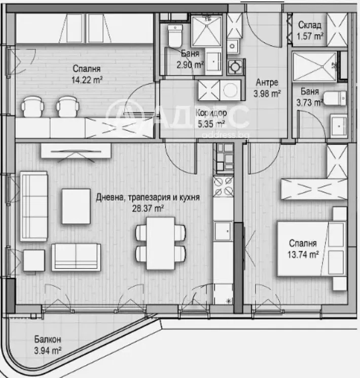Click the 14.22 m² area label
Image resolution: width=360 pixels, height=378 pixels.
point(86,79)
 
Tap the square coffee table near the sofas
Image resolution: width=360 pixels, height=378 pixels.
point(76,206)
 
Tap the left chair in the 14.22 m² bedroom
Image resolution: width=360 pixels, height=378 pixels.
point(33,107)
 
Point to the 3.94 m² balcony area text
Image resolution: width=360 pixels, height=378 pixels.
point(48,350)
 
